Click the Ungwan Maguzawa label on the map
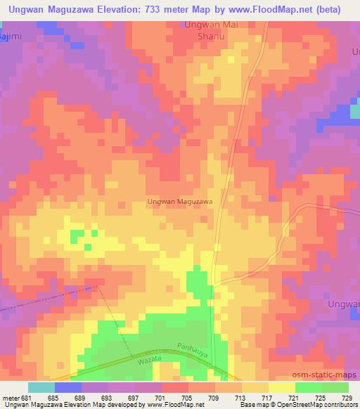(180, 201)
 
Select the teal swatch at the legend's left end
(41, 387)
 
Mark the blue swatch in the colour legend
(68, 387)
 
